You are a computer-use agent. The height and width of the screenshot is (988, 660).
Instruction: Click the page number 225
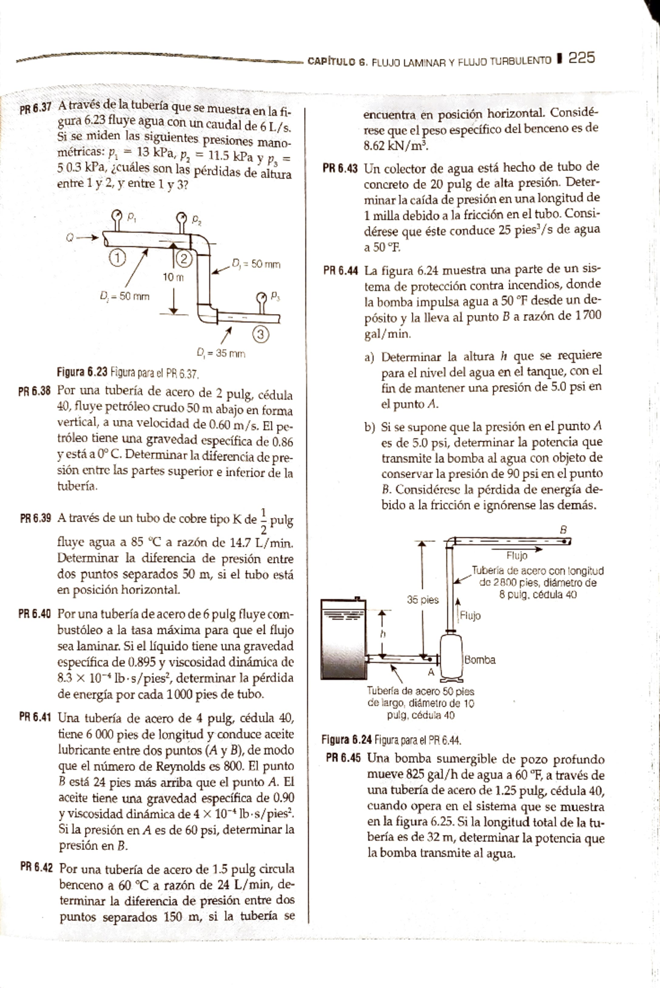tap(581, 58)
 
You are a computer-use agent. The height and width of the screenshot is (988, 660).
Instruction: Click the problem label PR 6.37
tap(35, 108)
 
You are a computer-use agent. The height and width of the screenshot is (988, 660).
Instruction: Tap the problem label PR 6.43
tap(340, 167)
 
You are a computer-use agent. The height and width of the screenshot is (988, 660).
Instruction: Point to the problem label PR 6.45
tap(343, 758)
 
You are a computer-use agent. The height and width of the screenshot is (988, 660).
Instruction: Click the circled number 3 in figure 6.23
tap(261, 333)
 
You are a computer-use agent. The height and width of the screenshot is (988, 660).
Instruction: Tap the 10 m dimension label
tap(173, 277)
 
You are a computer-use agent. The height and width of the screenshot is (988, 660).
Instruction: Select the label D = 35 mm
tap(220, 354)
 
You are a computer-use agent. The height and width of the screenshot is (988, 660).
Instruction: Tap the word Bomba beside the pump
tap(480, 660)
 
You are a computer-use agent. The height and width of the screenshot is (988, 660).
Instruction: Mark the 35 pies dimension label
tap(422, 600)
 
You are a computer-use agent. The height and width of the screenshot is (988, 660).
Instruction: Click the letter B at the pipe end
tap(563, 529)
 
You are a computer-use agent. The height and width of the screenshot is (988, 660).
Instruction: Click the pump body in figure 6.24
tap(451, 655)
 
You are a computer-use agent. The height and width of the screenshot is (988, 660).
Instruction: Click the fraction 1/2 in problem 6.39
tap(263, 520)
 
